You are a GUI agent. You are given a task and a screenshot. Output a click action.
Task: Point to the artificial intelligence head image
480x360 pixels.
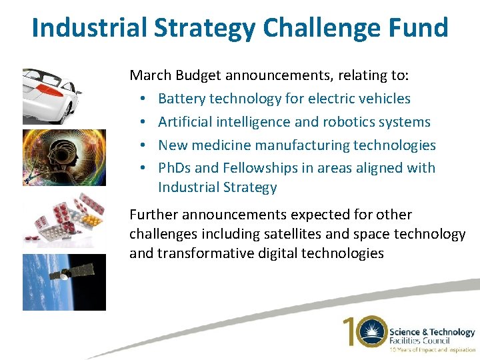tap(64, 157)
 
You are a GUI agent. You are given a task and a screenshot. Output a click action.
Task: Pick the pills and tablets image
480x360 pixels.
tap(64, 220)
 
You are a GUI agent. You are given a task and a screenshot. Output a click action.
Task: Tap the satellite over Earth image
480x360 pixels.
tap(64, 281)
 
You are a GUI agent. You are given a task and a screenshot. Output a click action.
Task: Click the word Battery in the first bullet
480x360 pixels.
tap(182, 99)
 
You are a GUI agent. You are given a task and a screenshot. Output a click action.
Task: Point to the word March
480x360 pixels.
tap(150, 75)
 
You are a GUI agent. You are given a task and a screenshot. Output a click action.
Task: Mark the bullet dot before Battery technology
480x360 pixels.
tap(144, 99)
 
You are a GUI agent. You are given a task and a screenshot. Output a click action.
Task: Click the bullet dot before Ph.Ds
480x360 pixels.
tap(144, 169)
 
